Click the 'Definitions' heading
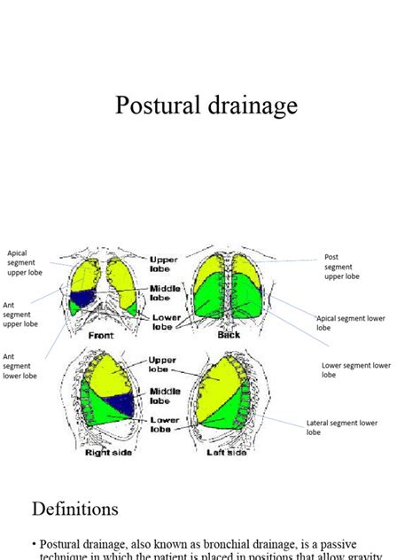pos(75,509)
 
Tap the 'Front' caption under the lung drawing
pos(101,336)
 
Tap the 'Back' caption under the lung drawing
pos(228,335)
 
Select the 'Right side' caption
pos(109,453)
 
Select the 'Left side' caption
pos(228,453)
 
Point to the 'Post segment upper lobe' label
pos(341,267)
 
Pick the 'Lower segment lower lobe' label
pos(356,369)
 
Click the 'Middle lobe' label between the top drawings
pos(165,293)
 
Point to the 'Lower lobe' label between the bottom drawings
pos(165,424)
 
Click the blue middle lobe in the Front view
pos(85,299)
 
